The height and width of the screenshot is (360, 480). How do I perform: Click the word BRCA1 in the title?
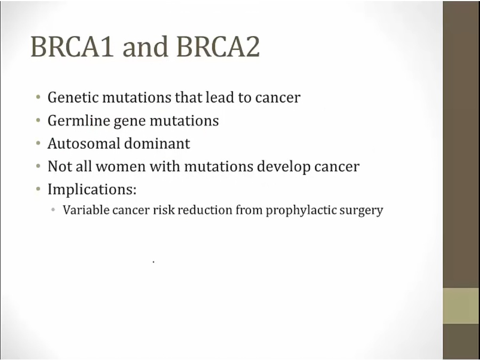[72, 46]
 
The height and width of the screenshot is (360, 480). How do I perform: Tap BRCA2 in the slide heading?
[218, 46]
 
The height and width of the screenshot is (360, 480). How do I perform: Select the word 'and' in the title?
[145, 46]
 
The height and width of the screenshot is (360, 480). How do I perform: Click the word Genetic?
[73, 98]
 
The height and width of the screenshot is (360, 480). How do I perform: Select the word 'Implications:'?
[92, 190]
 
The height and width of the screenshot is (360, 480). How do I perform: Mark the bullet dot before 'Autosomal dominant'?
[38, 143]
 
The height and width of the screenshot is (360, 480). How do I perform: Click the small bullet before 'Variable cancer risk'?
[53, 210]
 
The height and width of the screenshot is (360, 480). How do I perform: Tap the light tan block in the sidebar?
[461, 306]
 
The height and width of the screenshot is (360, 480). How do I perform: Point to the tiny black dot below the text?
[154, 262]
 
